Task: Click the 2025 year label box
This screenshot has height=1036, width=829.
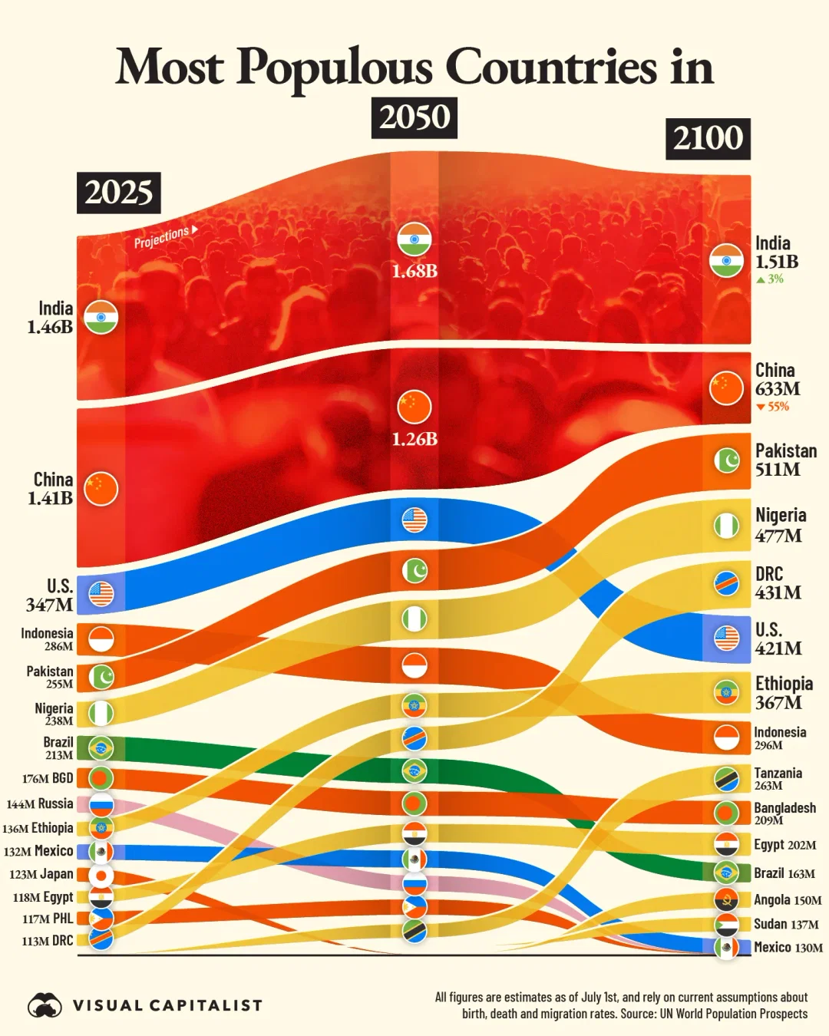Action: pyautogui.click(x=119, y=193)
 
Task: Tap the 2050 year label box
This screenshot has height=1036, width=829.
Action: pyautogui.click(x=414, y=117)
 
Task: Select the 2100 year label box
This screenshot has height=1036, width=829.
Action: pyautogui.click(x=708, y=139)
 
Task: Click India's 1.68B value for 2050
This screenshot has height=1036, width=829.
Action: pyautogui.click(x=414, y=271)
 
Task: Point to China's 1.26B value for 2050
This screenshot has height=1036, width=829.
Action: pyautogui.click(x=414, y=439)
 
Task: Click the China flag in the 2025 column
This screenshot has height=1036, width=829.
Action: pyautogui.click(x=101, y=489)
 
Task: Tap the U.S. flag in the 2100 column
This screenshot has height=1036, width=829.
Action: pyautogui.click(x=726, y=638)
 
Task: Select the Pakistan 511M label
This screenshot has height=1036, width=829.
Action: pyautogui.click(x=785, y=460)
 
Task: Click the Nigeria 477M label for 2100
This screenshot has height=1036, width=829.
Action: pyautogui.click(x=780, y=525)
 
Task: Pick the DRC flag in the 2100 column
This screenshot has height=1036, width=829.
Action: pyautogui.click(x=726, y=584)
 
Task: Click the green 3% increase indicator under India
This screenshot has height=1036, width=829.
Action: pyautogui.click(x=770, y=279)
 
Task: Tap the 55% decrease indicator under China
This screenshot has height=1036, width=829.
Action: pyautogui.click(x=772, y=407)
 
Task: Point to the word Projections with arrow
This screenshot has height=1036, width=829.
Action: pyautogui.click(x=166, y=236)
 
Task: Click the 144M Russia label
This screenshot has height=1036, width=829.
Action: pyautogui.click(x=40, y=803)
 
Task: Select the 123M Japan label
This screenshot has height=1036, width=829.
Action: pyautogui.click(x=41, y=874)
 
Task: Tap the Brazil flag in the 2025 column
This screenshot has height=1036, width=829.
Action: pyautogui.click(x=101, y=747)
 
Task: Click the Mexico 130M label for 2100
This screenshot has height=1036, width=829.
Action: pyautogui.click(x=788, y=947)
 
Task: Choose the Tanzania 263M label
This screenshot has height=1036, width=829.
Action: pyautogui.click(x=777, y=778)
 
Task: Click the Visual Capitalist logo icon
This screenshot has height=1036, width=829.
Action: pyautogui.click(x=45, y=1005)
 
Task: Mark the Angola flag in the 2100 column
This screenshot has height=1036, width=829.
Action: pyautogui.click(x=726, y=899)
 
